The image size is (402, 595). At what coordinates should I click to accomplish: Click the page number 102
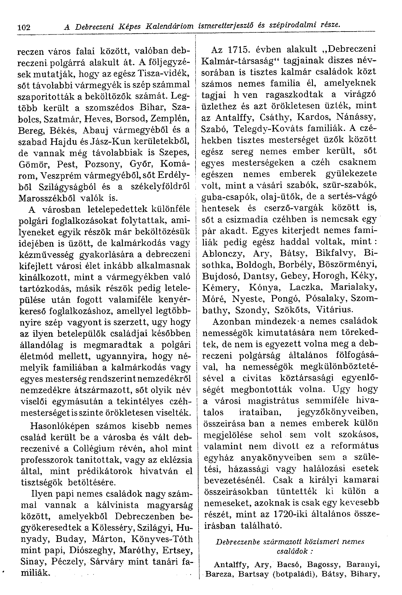[24, 27]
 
